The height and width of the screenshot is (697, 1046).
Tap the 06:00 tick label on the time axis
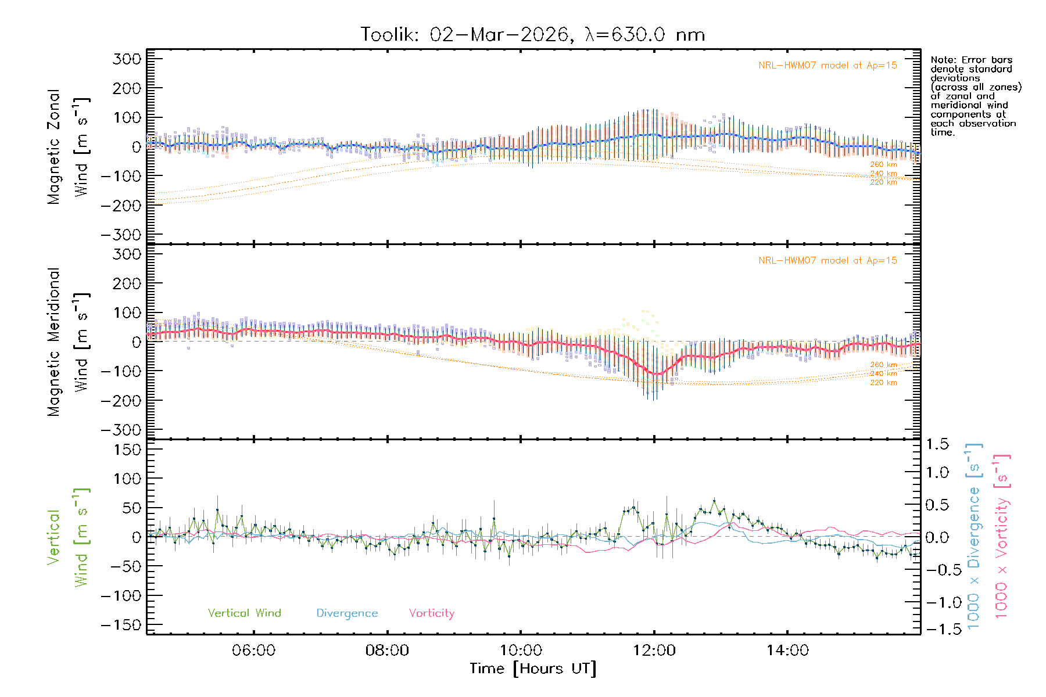point(253,651)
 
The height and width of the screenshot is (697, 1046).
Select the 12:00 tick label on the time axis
point(654,651)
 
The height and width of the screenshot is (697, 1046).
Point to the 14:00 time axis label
point(787,651)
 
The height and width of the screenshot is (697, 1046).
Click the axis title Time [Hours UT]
point(533,669)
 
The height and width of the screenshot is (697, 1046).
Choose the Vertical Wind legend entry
point(244,613)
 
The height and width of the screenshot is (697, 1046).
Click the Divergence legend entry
point(347,613)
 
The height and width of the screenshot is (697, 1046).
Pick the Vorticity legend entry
point(431,613)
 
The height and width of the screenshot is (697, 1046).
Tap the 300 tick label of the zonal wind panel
point(127,59)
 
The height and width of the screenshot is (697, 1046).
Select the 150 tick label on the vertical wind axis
point(127,450)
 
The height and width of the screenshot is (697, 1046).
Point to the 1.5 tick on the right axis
point(937,444)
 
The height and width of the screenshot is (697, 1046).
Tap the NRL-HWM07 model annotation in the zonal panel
point(828,66)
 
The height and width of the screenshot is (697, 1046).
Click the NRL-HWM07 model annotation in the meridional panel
point(828,261)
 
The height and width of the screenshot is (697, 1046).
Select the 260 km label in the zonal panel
point(883,164)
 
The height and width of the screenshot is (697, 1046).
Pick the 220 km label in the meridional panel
point(883,383)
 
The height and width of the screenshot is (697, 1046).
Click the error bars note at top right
point(975,96)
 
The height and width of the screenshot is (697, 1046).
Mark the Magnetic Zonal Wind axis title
point(67,146)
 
